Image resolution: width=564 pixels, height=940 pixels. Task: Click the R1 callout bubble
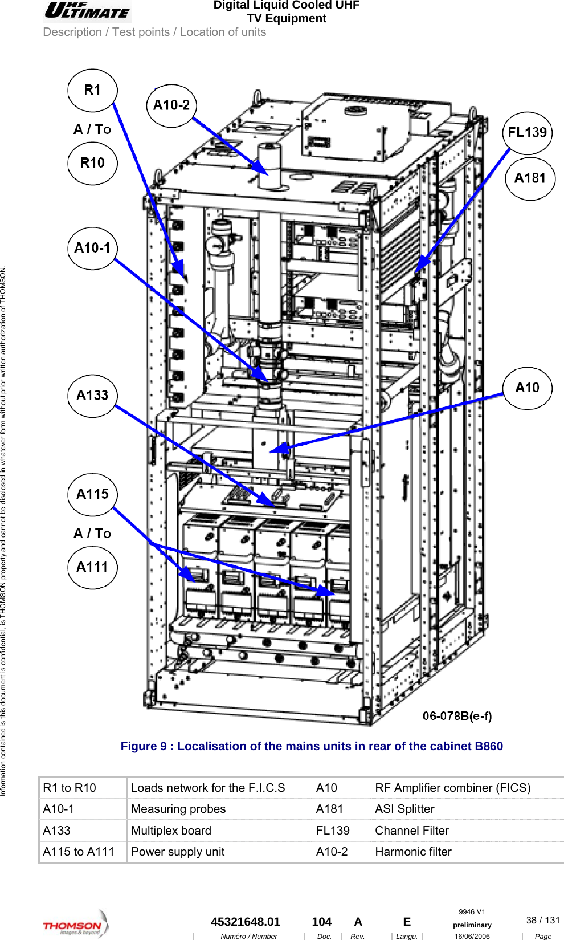[x=92, y=90]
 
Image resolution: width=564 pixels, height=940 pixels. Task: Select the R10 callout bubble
[x=92, y=163]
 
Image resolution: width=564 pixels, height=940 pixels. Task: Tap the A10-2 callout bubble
[x=171, y=105]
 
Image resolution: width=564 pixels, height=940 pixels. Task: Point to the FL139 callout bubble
[x=527, y=133]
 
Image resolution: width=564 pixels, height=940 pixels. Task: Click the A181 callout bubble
[x=530, y=178]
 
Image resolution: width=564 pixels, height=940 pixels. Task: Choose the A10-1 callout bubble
[x=92, y=248]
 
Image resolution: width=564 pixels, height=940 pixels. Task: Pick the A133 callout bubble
[x=92, y=396]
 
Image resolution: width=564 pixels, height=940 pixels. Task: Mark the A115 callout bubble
[x=92, y=494]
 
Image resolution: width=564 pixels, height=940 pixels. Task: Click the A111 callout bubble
[x=92, y=567]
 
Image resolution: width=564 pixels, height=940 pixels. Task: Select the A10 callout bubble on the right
[x=527, y=388]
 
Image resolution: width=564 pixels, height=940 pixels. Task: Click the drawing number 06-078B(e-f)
[x=457, y=716]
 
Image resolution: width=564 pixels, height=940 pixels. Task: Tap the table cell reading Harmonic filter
[x=413, y=852]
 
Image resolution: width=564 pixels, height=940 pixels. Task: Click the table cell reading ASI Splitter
[x=404, y=809]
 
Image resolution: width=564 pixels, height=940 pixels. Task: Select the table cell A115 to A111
[x=79, y=852]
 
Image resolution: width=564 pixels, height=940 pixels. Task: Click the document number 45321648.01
[x=246, y=922]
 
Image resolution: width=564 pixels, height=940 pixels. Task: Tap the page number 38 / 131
[x=542, y=920]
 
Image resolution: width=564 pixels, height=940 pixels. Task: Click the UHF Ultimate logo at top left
[x=87, y=11]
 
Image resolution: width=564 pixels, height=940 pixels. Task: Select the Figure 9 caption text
[x=312, y=746]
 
